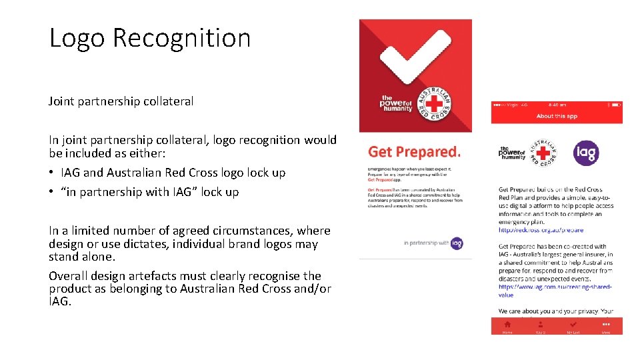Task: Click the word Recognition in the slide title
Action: tap(181, 38)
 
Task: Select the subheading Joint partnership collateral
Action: tap(121, 101)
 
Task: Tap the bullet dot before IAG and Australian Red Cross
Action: tap(52, 173)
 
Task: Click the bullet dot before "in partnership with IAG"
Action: tap(52, 192)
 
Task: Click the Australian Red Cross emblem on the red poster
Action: tap(434, 104)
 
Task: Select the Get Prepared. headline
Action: tap(414, 153)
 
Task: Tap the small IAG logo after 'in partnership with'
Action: tap(457, 243)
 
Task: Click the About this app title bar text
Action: tap(557, 116)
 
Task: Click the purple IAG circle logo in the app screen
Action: tap(586, 153)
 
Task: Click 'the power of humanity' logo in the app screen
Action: tap(512, 153)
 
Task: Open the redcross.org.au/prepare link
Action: tap(541, 230)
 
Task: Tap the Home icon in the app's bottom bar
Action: tap(507, 325)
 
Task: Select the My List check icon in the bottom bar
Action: tap(573, 325)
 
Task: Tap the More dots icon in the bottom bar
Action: tap(605, 325)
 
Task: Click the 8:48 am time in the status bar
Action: tap(558, 105)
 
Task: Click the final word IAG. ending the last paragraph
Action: tap(59, 302)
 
